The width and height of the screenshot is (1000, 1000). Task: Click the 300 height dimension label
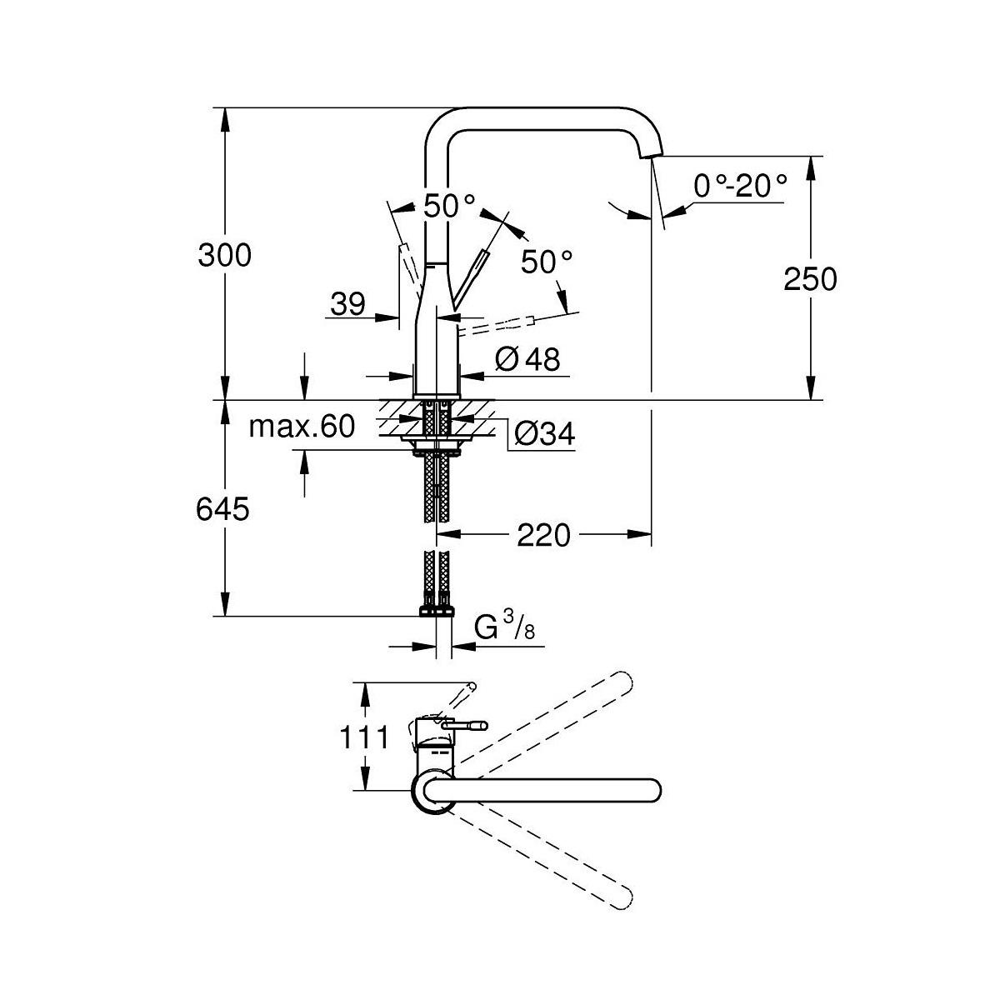coord(224,255)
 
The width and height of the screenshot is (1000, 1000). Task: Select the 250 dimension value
coord(810,278)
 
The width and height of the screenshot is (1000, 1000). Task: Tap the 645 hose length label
coord(223,508)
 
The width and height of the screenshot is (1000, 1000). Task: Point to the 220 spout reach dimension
coord(543,535)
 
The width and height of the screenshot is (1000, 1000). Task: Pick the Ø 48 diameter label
coord(527,359)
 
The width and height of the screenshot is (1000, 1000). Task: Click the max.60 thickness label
coord(302,427)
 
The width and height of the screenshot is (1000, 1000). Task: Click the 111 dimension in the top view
coord(363,737)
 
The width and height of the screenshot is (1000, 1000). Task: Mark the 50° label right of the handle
coord(547,262)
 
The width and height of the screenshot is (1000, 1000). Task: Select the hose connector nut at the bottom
coord(436,611)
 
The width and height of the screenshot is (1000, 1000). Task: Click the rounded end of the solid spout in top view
coord(648,789)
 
